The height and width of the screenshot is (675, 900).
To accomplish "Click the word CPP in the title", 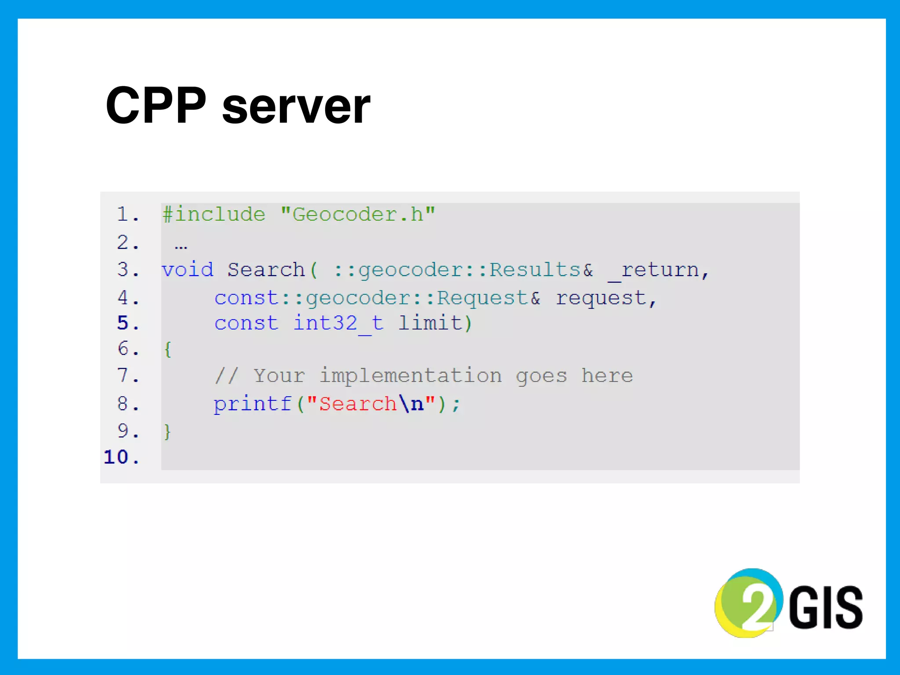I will click(x=156, y=105).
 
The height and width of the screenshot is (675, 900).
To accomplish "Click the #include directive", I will click(x=214, y=214).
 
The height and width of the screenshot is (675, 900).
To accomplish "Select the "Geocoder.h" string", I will click(x=358, y=214).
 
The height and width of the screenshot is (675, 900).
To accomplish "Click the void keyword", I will click(x=188, y=269).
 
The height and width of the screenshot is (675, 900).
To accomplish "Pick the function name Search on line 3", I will click(x=266, y=269).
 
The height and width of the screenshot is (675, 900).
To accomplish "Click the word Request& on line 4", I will click(x=488, y=298).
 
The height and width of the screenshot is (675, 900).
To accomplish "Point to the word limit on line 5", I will click(x=431, y=323).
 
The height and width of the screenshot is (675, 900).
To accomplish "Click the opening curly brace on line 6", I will click(x=167, y=349).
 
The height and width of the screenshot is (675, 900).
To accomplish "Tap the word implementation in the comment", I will click(x=410, y=376).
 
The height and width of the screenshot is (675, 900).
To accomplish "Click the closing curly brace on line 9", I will click(x=167, y=432).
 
